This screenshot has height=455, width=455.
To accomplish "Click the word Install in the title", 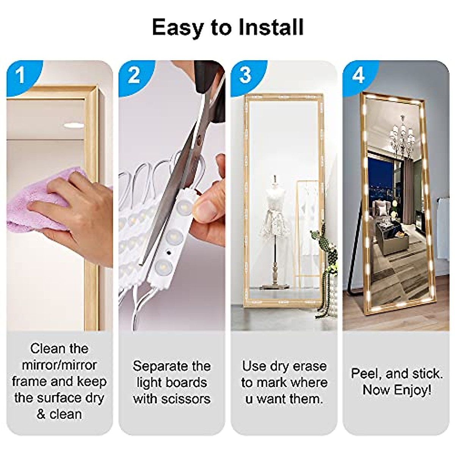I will point(271,27).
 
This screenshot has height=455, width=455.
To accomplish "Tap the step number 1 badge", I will point(21,75).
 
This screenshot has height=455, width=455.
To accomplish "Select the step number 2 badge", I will point(133,75).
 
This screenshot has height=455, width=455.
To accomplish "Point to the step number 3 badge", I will point(245,75).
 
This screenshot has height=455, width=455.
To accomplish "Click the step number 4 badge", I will point(358,75).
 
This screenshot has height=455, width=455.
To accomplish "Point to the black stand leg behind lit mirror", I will point(353,265).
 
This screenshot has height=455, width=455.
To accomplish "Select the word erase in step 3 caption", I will point(308,366).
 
